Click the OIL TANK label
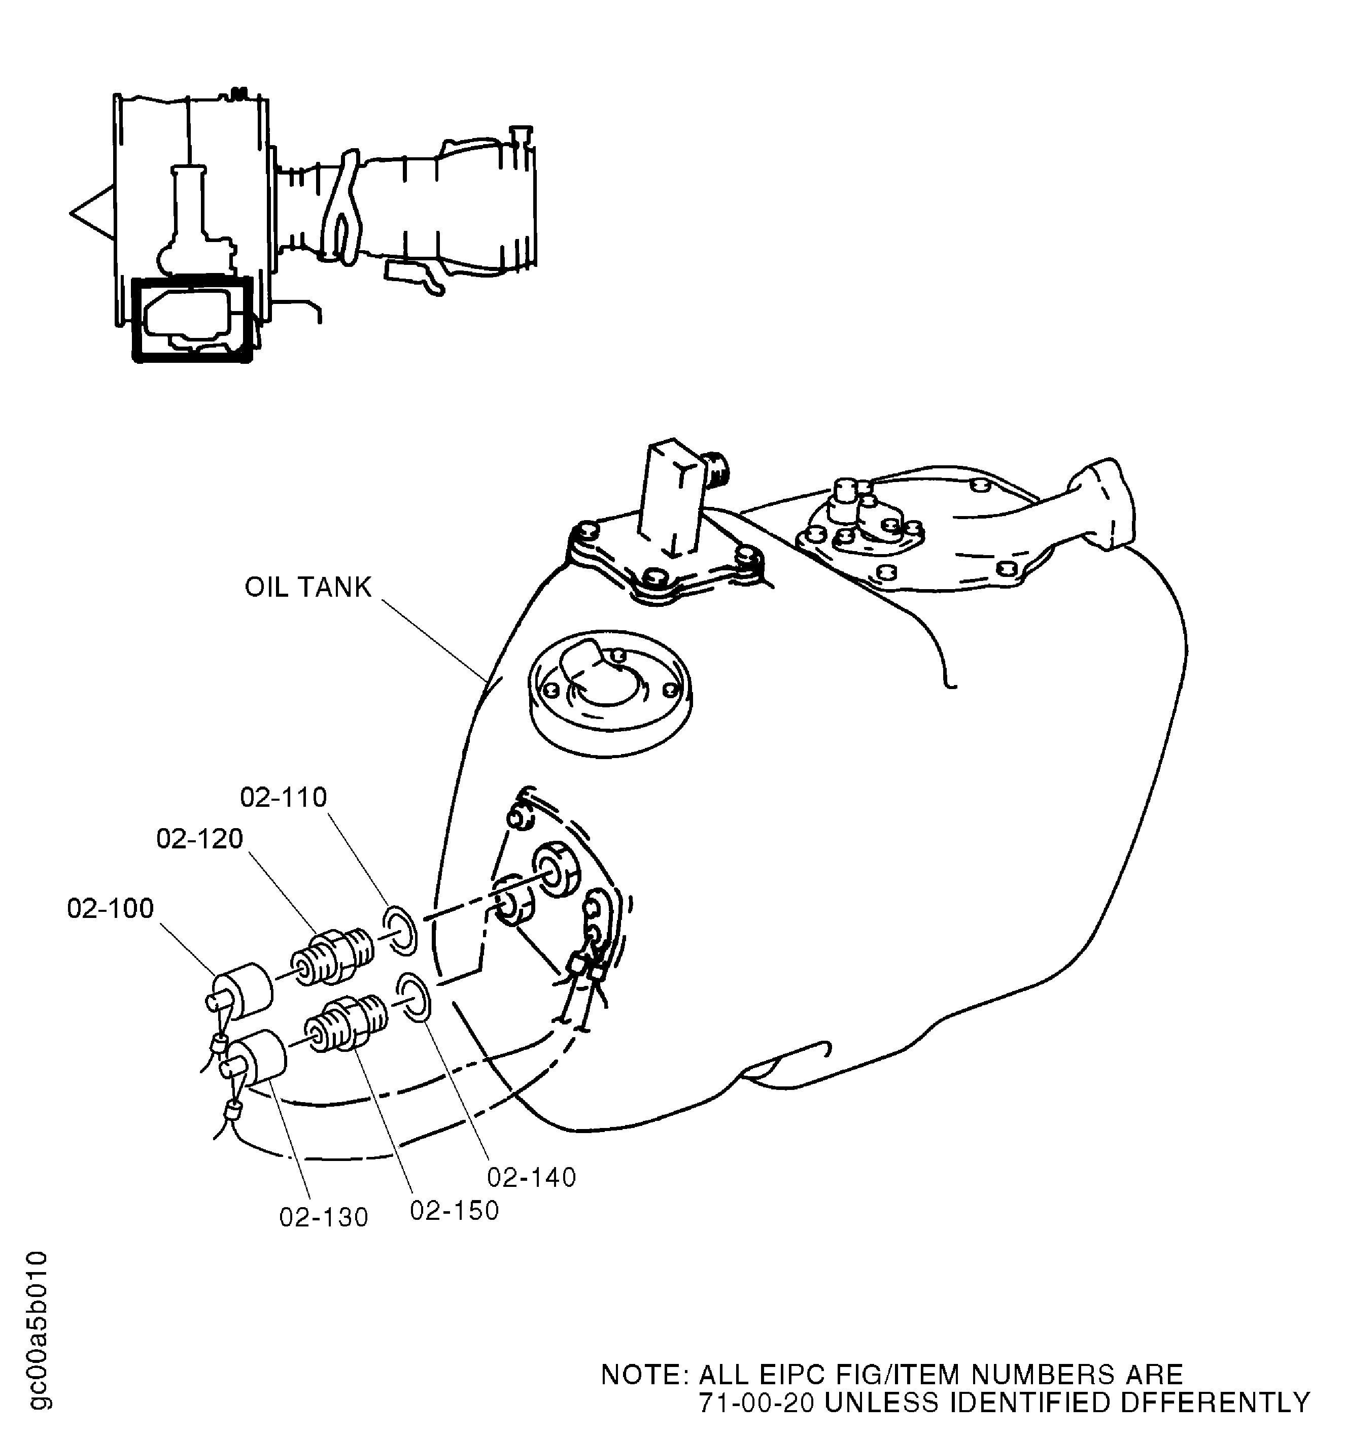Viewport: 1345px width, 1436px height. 308,587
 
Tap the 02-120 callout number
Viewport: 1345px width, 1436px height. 200,839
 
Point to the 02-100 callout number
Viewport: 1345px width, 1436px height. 111,909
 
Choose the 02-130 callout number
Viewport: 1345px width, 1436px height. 324,1218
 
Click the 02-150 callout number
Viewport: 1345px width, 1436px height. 455,1211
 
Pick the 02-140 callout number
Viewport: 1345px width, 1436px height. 532,1177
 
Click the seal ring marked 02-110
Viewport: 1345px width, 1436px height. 399,928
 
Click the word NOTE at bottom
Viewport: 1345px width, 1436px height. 639,1375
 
